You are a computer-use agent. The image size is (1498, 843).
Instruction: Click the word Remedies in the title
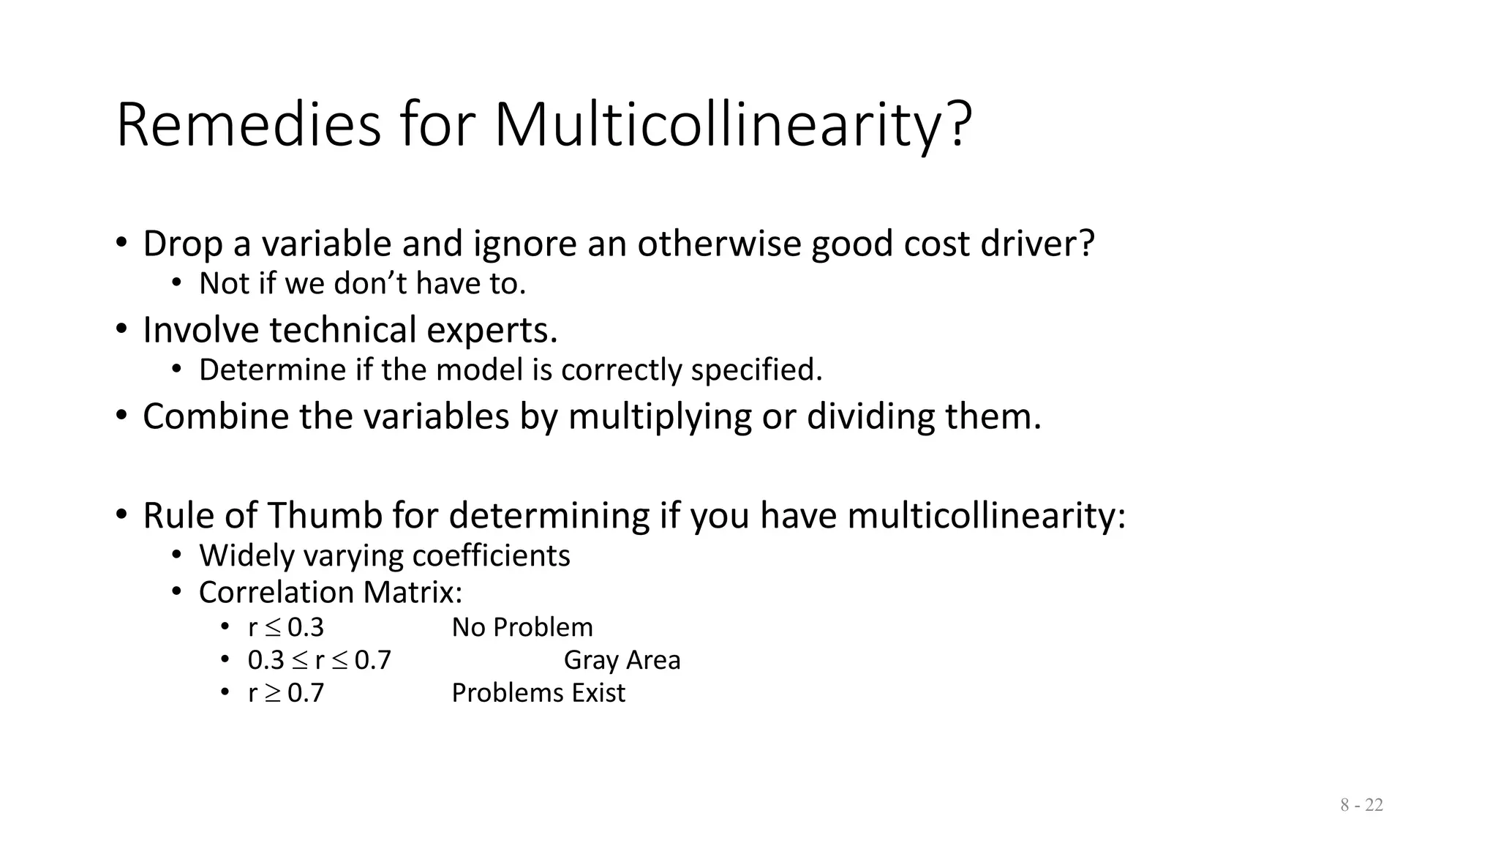[248, 125]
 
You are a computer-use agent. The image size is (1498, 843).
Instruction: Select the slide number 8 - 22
[1361, 805]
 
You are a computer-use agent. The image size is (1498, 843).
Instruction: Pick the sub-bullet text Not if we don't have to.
[362, 284]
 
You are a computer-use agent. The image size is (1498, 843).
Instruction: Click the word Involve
[200, 330]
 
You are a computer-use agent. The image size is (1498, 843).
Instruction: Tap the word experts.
[492, 330]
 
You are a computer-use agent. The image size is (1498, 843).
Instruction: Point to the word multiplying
[660, 416]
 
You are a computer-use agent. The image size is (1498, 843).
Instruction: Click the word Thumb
[324, 515]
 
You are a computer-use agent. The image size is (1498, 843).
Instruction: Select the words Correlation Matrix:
[331, 593]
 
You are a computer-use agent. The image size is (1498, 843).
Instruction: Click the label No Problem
[522, 628]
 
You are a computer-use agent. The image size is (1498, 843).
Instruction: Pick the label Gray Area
[622, 660]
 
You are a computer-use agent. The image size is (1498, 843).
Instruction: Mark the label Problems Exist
[538, 693]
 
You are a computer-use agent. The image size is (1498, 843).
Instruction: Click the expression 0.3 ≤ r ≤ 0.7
[320, 660]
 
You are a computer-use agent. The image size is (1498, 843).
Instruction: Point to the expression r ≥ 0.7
[286, 693]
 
